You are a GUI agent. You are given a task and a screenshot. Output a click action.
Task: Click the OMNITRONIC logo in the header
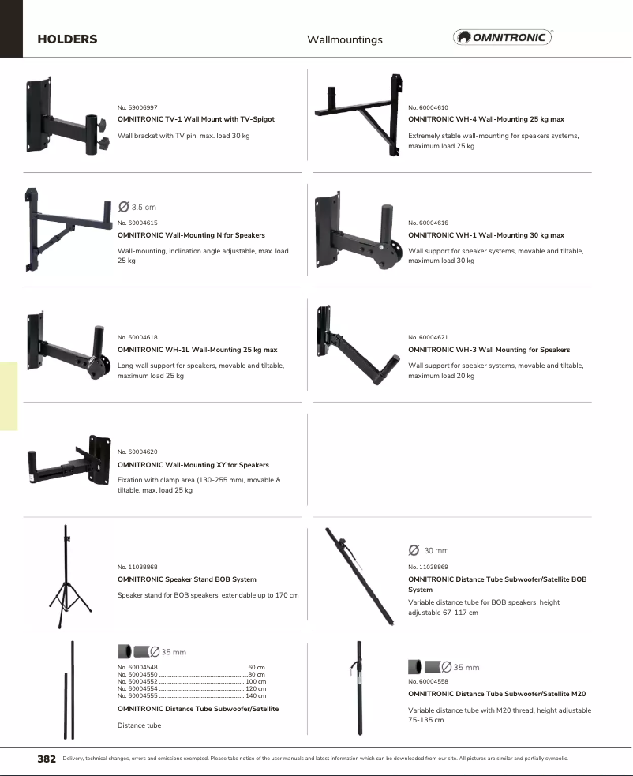[503, 37]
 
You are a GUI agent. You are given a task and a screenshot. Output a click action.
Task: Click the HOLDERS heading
[67, 39]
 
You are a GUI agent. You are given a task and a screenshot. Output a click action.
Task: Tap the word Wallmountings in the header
[344, 39]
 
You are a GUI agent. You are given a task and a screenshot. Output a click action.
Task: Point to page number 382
[47, 759]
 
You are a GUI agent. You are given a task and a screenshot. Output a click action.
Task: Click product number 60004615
[137, 223]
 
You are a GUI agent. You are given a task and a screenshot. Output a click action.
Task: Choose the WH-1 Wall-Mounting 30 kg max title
[485, 235]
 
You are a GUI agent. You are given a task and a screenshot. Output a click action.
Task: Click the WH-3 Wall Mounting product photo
[354, 347]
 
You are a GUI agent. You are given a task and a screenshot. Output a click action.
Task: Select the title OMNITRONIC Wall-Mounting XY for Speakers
[193, 465]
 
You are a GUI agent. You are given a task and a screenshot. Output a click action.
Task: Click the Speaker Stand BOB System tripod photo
[66, 576]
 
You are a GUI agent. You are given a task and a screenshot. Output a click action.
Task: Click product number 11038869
[428, 567]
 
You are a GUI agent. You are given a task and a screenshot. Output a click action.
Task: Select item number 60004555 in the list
[137, 695]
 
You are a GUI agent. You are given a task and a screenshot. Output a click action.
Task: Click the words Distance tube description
[139, 725]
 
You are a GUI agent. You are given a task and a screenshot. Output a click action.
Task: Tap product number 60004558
[428, 681]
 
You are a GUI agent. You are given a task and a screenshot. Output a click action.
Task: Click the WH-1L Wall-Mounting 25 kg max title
[197, 350]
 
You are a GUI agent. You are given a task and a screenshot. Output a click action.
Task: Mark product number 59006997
[137, 107]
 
